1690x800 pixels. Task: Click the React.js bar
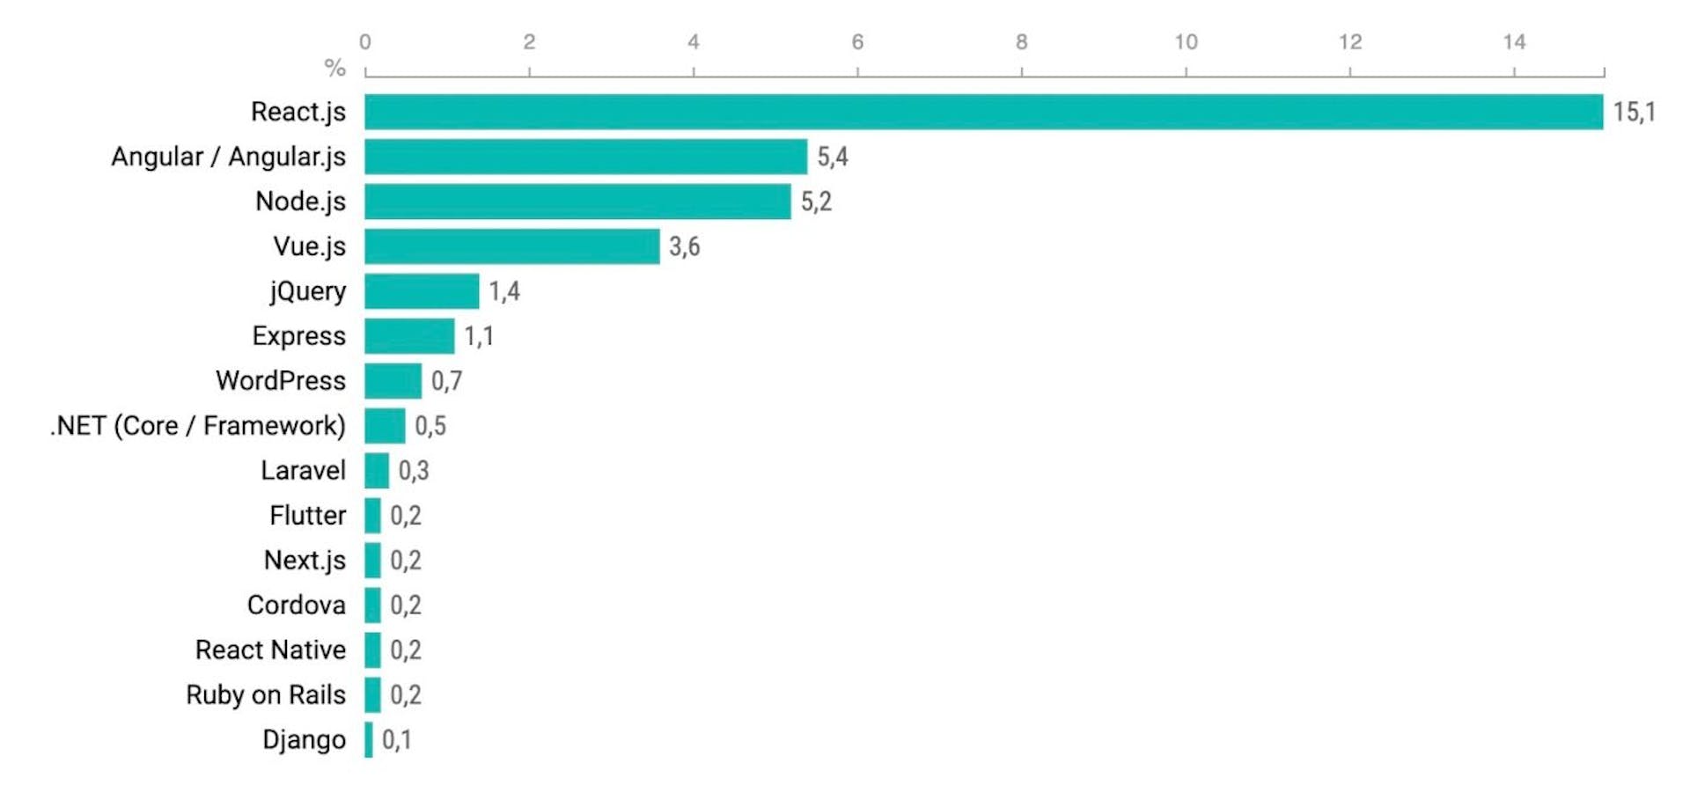tap(983, 112)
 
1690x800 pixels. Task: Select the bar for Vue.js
tap(511, 246)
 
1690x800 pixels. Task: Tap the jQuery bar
tap(422, 291)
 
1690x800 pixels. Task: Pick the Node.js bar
tap(577, 202)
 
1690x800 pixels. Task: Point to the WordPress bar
tap(393, 381)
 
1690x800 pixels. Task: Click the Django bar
tap(369, 740)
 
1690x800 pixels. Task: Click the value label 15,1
tap(1634, 112)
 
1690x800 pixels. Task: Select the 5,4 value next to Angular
tap(832, 157)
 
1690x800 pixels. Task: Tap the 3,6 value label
tap(684, 246)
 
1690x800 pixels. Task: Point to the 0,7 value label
tap(446, 381)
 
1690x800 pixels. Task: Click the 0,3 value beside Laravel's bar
tap(413, 471)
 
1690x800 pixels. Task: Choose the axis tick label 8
tap(1021, 41)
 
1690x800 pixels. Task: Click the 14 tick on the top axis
tap(1514, 41)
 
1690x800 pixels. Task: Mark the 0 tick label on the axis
tap(365, 41)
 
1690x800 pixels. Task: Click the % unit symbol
tap(334, 67)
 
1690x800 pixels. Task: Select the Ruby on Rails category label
tap(266, 695)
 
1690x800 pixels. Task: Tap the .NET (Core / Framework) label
tap(198, 426)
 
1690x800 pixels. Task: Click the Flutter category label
tap(307, 516)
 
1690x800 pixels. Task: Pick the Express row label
tap(298, 336)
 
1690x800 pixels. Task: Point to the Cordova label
tap(296, 606)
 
